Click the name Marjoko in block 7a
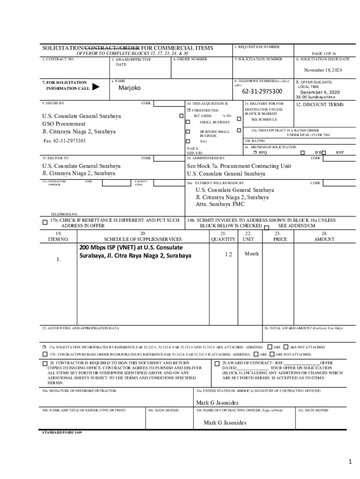[129, 88]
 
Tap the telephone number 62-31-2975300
[262, 91]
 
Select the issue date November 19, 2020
[323, 70]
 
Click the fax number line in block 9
[65, 141]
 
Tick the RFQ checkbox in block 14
[255, 152]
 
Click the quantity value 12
[228, 254]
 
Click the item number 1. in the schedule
[58, 259]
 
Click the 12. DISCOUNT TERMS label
[320, 105]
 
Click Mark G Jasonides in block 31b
[224, 423]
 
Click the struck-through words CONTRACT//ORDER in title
[113, 48]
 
